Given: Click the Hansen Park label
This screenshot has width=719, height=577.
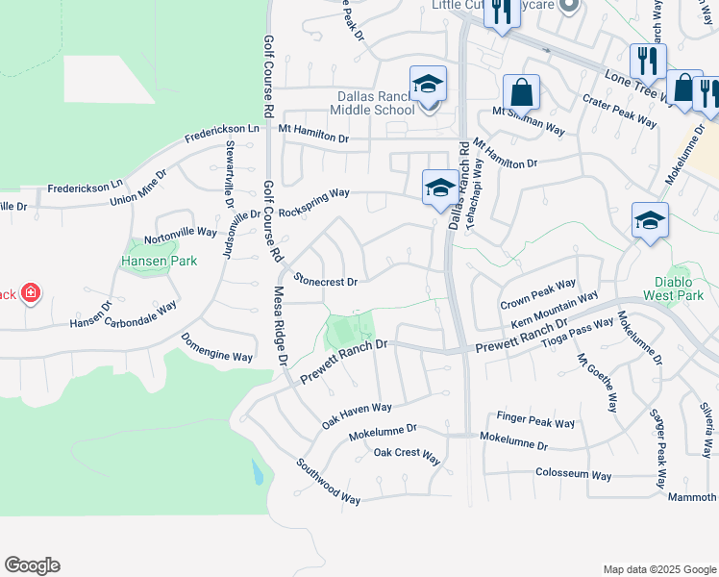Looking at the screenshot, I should point(144,261).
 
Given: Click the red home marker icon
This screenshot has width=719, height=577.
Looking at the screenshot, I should point(31,291).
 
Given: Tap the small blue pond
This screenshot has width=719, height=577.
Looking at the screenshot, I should point(256,472).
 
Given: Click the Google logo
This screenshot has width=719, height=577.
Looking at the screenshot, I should point(32,565).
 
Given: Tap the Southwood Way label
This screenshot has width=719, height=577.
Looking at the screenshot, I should point(328,481).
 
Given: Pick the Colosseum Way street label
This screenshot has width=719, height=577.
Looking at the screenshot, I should point(574,475).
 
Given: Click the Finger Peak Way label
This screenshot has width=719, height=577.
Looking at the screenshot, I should point(535,420).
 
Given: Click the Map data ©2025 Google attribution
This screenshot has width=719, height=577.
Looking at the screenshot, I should point(658,569).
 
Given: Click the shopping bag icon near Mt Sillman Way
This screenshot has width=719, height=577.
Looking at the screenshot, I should point(521,92).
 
